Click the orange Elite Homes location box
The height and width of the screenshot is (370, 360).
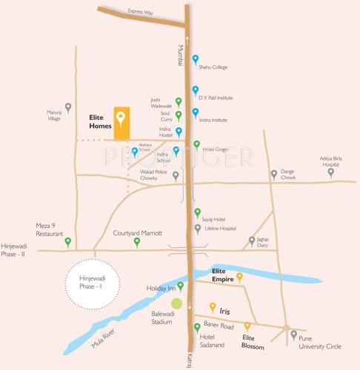(x=121, y=123)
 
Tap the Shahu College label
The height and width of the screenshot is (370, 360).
(x=213, y=67)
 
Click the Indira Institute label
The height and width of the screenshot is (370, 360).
(x=214, y=119)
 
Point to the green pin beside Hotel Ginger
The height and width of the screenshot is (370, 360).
(x=196, y=145)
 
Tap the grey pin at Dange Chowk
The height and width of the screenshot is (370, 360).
(x=274, y=175)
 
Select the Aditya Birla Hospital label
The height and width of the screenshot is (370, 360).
(x=334, y=161)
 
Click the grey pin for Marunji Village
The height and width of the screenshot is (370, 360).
(x=69, y=107)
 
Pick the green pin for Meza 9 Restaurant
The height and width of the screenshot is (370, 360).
(x=67, y=241)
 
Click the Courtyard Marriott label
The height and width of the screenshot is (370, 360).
(x=137, y=232)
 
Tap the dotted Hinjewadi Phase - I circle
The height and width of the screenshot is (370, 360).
(x=93, y=282)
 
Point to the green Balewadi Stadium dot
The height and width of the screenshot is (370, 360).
(x=176, y=303)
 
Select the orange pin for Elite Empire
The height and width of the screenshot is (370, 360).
(x=239, y=277)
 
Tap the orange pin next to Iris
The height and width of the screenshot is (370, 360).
(x=213, y=306)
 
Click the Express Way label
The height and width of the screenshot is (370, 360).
(x=140, y=12)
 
